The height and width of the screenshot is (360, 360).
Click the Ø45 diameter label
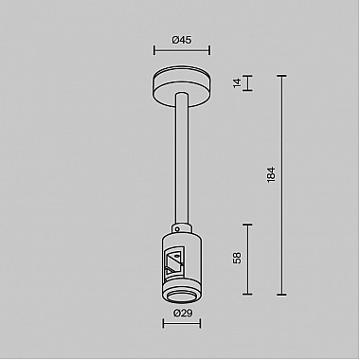tap(182, 41)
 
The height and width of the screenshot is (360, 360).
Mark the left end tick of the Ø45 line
tap(153, 52)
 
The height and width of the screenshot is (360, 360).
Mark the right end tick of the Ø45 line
tap(210, 52)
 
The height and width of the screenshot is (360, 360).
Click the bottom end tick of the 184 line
tap(281, 296)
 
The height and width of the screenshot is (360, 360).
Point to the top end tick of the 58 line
tap(247, 224)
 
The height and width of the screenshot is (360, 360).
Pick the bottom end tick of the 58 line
tap(247, 296)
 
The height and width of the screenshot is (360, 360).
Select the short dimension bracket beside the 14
tap(247, 83)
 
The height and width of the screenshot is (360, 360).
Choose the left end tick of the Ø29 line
tap(163, 323)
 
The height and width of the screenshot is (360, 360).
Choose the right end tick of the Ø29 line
tap(200, 323)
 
